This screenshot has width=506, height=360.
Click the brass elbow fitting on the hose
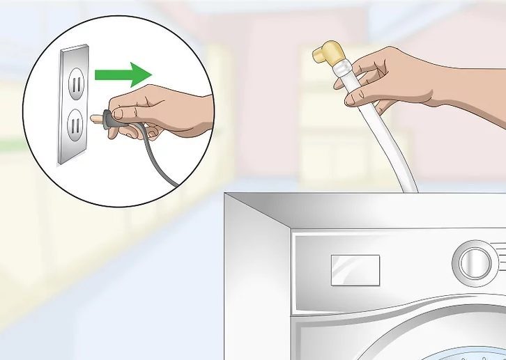326,55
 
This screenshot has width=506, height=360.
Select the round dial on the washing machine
475,263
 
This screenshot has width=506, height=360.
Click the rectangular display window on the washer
355,269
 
